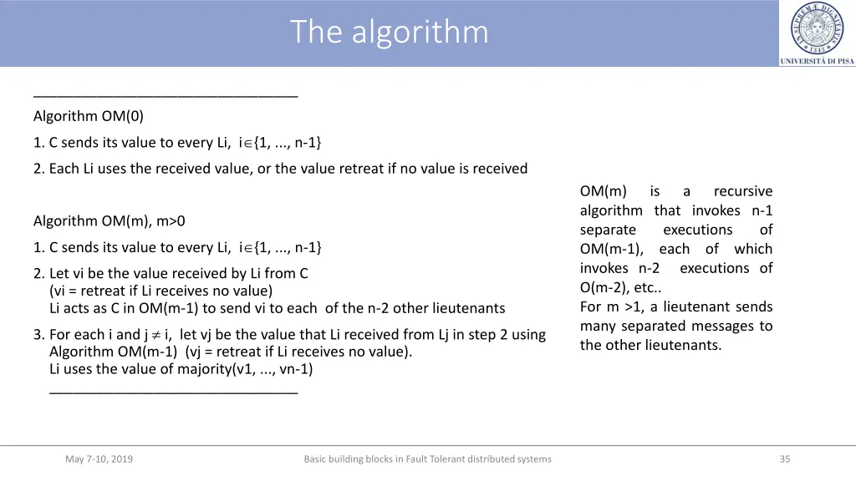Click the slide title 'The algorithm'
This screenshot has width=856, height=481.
(390, 33)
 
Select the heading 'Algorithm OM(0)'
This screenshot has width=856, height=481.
(89, 116)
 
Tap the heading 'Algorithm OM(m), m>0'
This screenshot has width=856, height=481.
(110, 221)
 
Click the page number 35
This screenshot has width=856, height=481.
(784, 458)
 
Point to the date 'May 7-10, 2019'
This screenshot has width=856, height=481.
(99, 458)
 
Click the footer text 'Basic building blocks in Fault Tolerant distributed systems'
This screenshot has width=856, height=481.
(427, 458)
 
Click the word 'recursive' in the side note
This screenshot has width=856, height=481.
(743, 191)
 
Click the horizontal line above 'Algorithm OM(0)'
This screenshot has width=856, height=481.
(166, 97)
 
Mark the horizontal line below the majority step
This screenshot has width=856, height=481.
(173, 390)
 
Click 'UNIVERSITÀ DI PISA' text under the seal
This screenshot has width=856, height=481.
(817, 61)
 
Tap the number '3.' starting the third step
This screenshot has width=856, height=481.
(39, 335)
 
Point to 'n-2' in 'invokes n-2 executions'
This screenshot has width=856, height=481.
(649, 268)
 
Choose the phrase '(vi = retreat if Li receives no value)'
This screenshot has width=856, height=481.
(160, 291)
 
